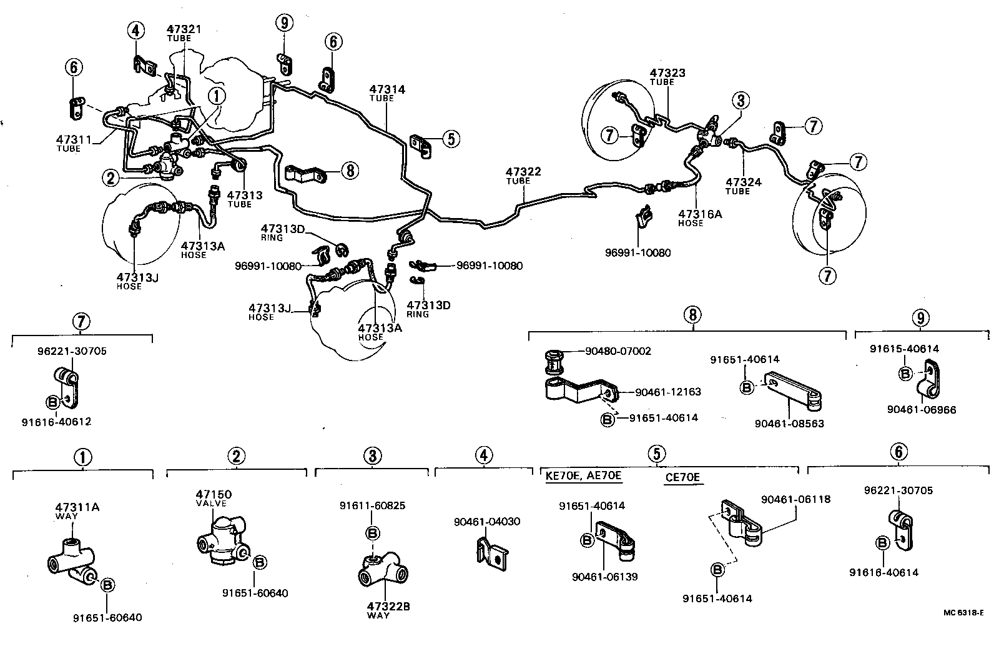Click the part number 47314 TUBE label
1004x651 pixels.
[x=386, y=93]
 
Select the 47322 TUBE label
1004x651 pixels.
[x=523, y=175]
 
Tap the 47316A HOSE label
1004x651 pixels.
[x=700, y=217]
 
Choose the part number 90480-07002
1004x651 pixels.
[x=618, y=351]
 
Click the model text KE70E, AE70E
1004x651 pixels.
[x=583, y=476]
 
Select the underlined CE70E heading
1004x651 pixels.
[x=682, y=479]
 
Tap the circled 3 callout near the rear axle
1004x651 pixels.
[x=741, y=100]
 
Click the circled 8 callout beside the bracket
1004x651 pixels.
[x=350, y=171]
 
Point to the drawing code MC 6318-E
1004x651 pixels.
[x=963, y=613]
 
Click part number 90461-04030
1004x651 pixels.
[x=487, y=522]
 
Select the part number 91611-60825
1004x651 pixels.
[x=372, y=505]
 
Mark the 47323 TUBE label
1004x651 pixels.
[x=667, y=76]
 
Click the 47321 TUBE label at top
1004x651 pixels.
[x=184, y=32]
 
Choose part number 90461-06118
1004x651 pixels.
[x=795, y=499]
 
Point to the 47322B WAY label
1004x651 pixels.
[x=384, y=610]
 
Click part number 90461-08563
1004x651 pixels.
[x=789, y=424]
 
